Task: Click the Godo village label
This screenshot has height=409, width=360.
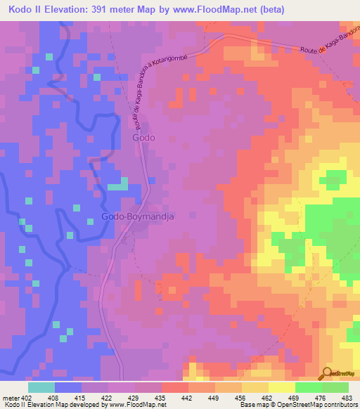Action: click(x=143, y=138)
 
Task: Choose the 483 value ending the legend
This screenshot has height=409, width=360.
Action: click(x=347, y=398)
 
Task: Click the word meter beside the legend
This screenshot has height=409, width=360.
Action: click(x=11, y=398)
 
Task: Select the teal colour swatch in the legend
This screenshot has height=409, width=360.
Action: click(x=41, y=387)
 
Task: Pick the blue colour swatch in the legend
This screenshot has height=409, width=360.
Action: click(x=68, y=387)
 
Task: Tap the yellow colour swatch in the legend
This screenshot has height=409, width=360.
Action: click(x=281, y=387)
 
